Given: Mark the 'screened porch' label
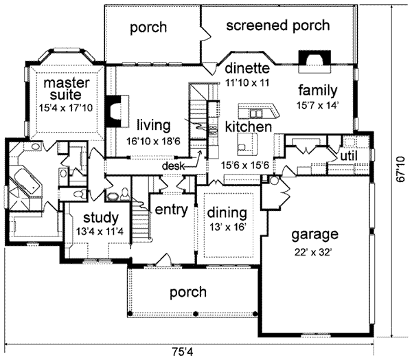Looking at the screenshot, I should [x=277, y=27].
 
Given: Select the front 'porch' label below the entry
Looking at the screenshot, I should [x=189, y=292].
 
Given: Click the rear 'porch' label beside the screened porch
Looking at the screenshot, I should [x=149, y=28].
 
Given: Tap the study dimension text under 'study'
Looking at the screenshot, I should [x=100, y=230].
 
